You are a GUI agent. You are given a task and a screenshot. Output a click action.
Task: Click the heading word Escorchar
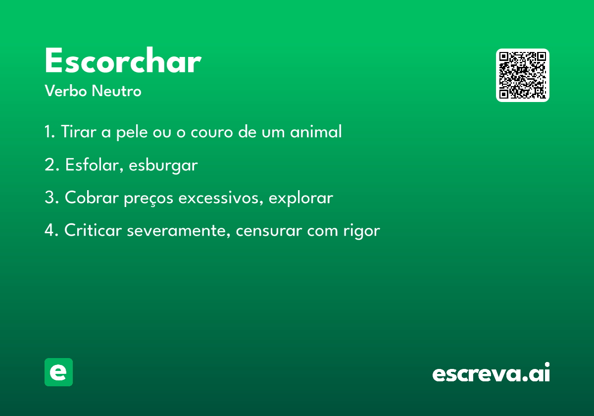pyautogui.click(x=123, y=60)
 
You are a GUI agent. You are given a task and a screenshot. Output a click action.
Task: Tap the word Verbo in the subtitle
pyautogui.click(x=66, y=91)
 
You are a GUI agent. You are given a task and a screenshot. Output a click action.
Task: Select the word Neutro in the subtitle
pyautogui.click(x=116, y=91)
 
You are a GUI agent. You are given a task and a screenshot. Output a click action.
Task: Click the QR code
pyautogui.click(x=522, y=75)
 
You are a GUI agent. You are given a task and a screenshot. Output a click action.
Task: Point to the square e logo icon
pyautogui.click(x=58, y=372)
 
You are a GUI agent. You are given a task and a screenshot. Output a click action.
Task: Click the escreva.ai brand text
pyautogui.click(x=491, y=372)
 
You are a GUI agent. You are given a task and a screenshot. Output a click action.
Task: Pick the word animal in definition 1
pyautogui.click(x=316, y=131)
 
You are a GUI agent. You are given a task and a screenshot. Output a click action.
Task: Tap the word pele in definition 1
pyautogui.click(x=132, y=132)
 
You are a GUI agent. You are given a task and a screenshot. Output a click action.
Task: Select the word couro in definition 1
pyautogui.click(x=212, y=132)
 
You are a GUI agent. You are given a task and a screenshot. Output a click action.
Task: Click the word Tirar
pyautogui.click(x=79, y=131)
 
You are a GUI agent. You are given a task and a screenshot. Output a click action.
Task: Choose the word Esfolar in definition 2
pyautogui.click(x=95, y=164)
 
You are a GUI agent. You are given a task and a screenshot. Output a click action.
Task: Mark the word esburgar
pyautogui.click(x=163, y=165)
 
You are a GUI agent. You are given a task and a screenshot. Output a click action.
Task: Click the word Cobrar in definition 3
pyautogui.click(x=92, y=198)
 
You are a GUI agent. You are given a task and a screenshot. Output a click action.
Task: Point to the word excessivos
pyautogui.click(x=221, y=198)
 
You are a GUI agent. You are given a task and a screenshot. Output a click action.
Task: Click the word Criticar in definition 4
pyautogui.click(x=93, y=230)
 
